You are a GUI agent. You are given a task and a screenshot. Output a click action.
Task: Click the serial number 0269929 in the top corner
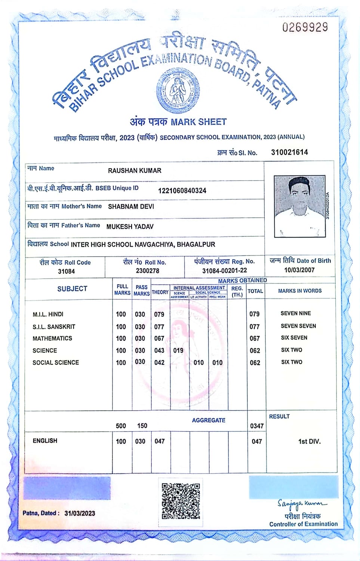tap(305, 27)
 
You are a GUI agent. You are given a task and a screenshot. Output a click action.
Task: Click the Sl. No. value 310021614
tap(289, 152)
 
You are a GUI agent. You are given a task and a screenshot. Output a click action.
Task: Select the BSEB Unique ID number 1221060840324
tap(182, 191)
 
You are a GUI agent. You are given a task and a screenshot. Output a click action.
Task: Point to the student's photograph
tap(299, 206)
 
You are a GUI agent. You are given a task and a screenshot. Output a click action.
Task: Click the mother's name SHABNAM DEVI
tap(131, 206)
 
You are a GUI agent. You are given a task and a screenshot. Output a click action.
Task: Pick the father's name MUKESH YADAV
tap(130, 227)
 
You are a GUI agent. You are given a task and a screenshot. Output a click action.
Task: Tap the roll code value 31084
tap(66, 271)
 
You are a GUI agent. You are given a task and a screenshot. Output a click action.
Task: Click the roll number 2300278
tap(147, 271)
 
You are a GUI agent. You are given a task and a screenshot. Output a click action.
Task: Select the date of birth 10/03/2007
tap(299, 270)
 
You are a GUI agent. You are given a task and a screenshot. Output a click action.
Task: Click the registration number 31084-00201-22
tap(224, 271)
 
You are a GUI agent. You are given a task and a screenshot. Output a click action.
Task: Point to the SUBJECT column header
tap(72, 289)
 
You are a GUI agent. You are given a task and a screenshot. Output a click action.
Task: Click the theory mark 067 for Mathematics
tap(159, 338)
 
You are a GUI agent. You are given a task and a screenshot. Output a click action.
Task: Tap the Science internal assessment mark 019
tap(178, 351)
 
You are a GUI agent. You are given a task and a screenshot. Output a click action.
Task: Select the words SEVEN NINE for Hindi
tap(296, 313)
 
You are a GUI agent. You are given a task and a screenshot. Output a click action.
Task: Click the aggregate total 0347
tap(257, 426)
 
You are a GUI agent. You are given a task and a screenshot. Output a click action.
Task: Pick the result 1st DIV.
tap(309, 442)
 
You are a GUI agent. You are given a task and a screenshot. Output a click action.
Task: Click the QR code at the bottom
tap(181, 500)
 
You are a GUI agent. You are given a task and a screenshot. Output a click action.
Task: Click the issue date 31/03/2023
tap(80, 514)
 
